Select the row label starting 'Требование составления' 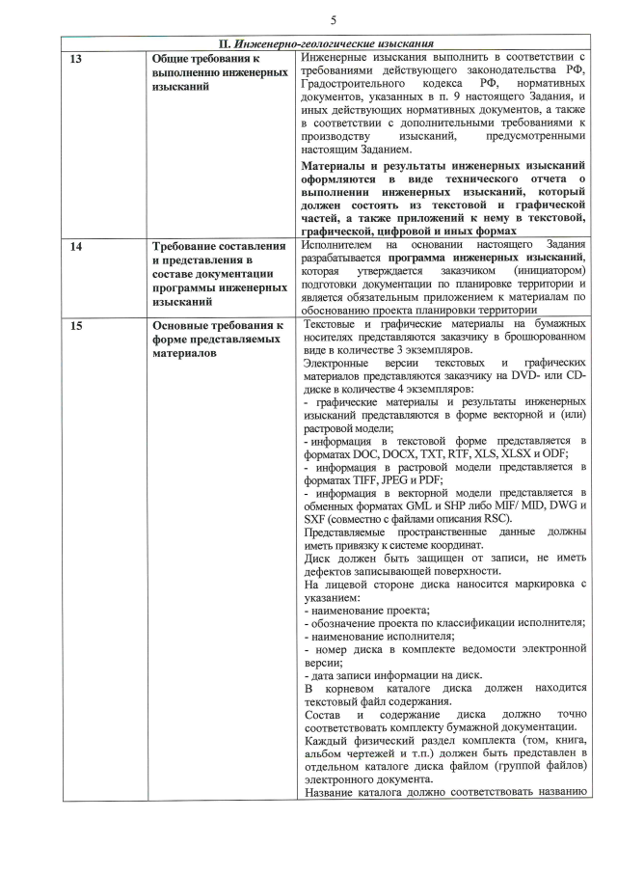220,246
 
